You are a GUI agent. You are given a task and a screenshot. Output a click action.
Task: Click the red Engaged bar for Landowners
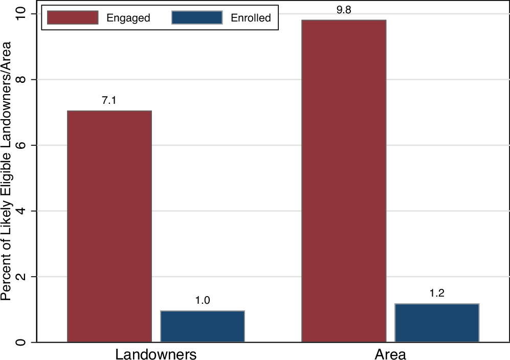109,226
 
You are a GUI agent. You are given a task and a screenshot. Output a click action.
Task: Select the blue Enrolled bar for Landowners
203,326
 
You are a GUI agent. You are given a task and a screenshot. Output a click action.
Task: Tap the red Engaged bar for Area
344,181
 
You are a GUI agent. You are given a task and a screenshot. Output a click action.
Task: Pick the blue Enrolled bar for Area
437,323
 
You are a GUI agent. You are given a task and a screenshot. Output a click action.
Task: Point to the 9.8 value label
344,10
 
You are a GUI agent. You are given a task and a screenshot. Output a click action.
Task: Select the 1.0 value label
203,300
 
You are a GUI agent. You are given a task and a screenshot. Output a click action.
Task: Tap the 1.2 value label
437,294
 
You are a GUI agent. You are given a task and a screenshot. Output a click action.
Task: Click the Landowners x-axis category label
156,354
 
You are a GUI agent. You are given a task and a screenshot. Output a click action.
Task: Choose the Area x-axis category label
390,354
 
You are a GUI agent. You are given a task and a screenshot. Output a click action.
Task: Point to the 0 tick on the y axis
21,342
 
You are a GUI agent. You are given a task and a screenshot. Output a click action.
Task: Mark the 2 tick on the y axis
21,276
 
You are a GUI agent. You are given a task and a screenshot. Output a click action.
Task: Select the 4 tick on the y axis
21,211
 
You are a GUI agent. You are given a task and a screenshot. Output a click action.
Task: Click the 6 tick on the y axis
21,145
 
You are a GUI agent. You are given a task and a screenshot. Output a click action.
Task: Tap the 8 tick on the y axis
21,80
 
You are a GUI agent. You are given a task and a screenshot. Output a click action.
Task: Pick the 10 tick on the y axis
21,14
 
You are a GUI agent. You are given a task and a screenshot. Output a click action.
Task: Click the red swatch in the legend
72,18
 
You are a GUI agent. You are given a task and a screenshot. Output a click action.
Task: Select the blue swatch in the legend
197,18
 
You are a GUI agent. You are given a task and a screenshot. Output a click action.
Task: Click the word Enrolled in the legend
251,18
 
